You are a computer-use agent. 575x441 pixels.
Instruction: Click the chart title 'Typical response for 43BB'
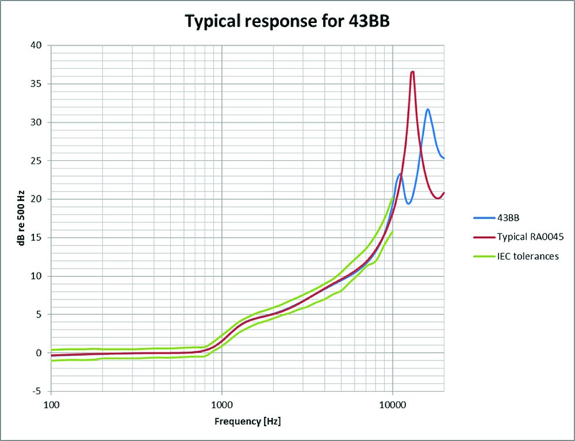point(287,21)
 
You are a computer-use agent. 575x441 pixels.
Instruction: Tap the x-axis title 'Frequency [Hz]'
point(248,421)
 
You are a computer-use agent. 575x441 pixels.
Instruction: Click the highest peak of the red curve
point(412,72)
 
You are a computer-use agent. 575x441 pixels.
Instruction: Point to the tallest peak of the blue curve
point(428,109)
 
